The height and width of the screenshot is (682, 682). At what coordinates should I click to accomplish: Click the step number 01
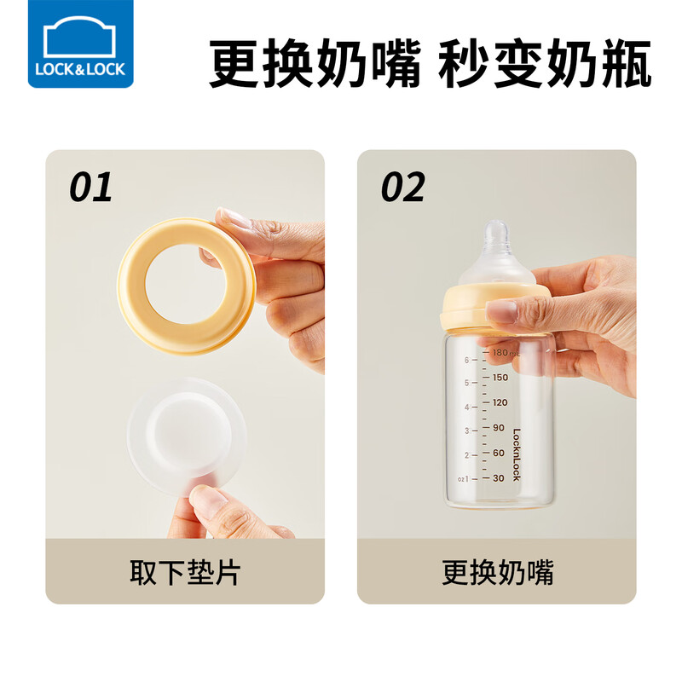coord(90,188)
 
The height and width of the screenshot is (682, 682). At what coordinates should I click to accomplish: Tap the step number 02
coord(402,188)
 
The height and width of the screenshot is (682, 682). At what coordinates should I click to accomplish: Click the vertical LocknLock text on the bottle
coord(517,456)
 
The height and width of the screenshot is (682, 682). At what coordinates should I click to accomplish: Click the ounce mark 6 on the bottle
coord(466,359)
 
